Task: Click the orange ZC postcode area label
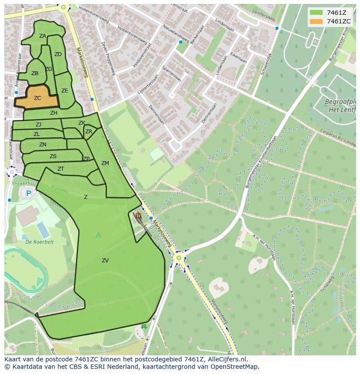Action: (x=37, y=98)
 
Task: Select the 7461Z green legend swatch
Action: (x=317, y=13)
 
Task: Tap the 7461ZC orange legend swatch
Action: (x=317, y=21)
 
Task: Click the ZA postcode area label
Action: (x=43, y=36)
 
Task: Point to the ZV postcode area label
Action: (x=105, y=261)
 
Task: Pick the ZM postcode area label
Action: (x=105, y=163)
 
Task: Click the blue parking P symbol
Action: (x=29, y=193)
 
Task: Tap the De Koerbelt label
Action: (x=39, y=242)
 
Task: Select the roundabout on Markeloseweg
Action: (x=178, y=258)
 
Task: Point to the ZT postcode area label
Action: (x=61, y=169)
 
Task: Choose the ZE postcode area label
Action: (x=65, y=91)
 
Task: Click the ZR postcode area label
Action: (x=89, y=132)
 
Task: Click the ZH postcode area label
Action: (x=53, y=113)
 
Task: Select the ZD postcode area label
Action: (x=58, y=54)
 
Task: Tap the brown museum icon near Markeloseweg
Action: (x=138, y=215)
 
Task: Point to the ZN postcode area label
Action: (x=43, y=145)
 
